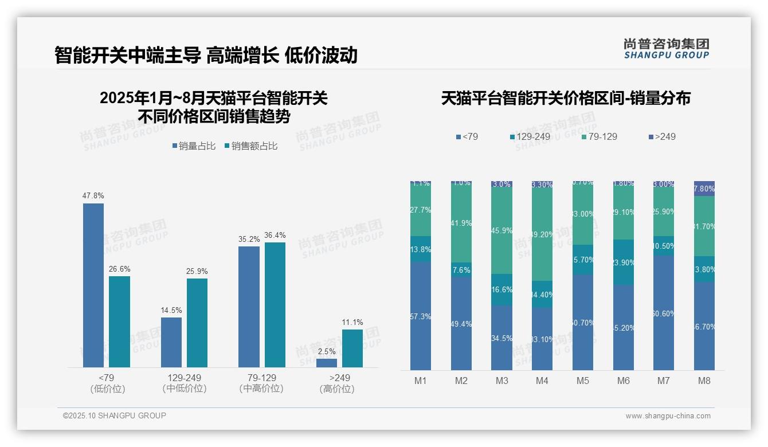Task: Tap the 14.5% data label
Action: click(x=171, y=310)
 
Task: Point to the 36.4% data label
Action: click(x=275, y=235)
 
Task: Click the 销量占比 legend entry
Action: click(x=194, y=146)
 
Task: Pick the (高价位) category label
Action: click(x=336, y=389)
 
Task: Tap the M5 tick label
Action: click(x=583, y=381)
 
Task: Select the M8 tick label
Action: click(x=704, y=381)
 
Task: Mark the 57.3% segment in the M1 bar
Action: click(x=421, y=316)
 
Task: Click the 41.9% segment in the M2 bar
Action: click(x=461, y=223)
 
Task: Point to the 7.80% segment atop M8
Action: click(x=704, y=189)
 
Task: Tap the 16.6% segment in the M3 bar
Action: click(x=502, y=290)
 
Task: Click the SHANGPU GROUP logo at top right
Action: click(x=667, y=48)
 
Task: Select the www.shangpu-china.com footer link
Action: click(x=668, y=416)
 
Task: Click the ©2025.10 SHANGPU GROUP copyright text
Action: click(x=115, y=415)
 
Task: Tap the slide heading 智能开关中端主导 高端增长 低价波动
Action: click(x=206, y=55)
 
